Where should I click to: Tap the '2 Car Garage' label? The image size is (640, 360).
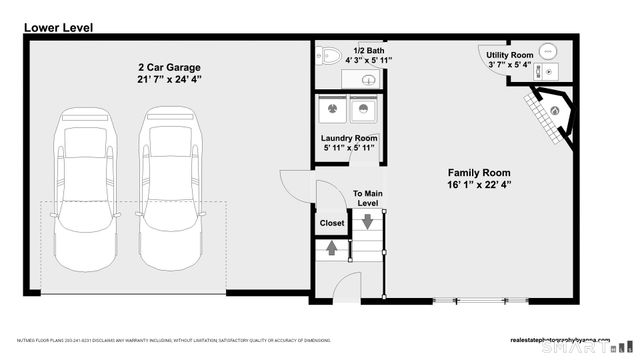(x=167, y=67)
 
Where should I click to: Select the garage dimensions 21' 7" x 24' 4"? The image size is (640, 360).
(x=167, y=81)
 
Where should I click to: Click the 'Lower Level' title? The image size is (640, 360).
(x=58, y=28)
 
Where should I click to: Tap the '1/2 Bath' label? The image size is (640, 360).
(x=367, y=48)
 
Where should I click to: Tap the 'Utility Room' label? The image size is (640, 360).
(x=510, y=54)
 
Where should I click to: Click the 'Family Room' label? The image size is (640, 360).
(x=478, y=172)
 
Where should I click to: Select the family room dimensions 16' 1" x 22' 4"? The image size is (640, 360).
(x=478, y=185)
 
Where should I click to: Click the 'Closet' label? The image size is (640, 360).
(x=332, y=223)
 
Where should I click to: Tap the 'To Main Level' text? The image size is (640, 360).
(x=367, y=198)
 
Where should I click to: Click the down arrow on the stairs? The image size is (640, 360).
(x=367, y=221)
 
